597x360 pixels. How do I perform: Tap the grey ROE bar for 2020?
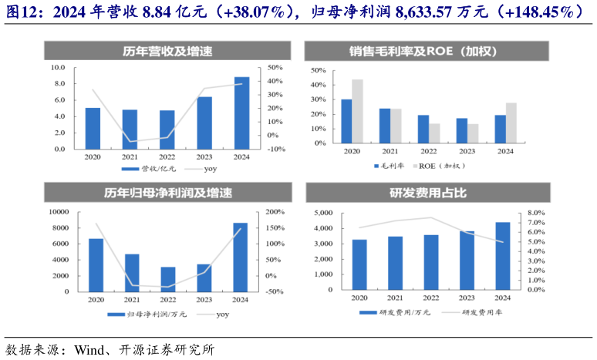click(x=357, y=111)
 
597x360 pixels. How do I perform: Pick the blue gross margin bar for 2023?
click(x=461, y=130)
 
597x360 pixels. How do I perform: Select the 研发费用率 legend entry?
click(x=479, y=312)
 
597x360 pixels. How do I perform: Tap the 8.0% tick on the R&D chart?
click(x=535, y=213)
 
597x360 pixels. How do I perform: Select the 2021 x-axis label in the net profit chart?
click(x=133, y=298)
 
